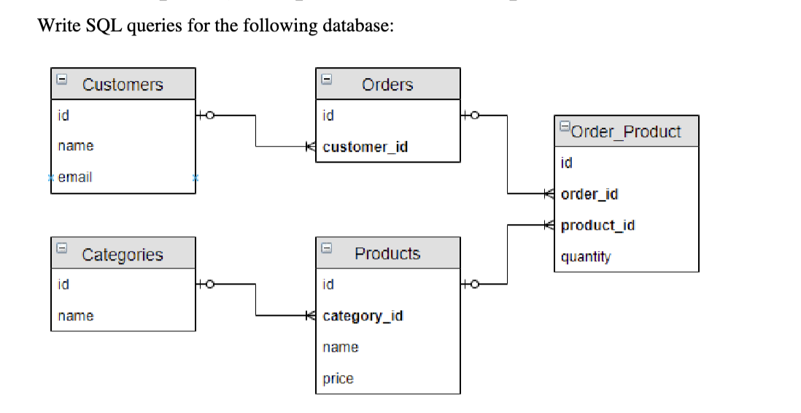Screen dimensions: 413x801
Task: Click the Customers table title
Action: click(123, 85)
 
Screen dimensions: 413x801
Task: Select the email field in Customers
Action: click(75, 177)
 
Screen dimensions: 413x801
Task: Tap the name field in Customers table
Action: click(76, 146)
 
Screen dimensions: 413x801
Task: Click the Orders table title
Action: click(387, 85)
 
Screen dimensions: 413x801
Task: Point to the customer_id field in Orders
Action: click(365, 147)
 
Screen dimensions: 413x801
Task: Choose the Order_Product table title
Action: click(627, 132)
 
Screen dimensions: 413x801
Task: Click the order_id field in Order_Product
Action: click(589, 194)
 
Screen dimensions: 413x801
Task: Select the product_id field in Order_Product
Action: click(597, 225)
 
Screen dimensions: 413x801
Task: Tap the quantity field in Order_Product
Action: click(586, 257)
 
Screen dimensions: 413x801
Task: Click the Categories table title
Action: click(123, 255)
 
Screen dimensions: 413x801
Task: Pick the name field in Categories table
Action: click(76, 316)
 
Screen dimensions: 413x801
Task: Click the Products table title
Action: click(387, 254)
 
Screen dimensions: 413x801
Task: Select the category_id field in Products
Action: click(363, 316)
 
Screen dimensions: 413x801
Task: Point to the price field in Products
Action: click(338, 379)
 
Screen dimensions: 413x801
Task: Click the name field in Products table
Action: click(341, 347)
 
